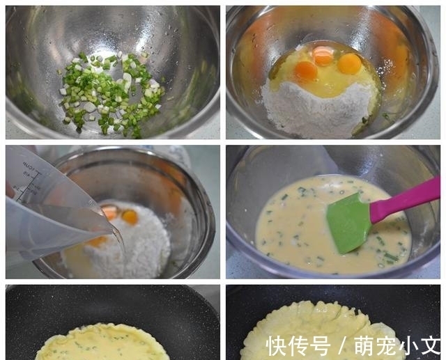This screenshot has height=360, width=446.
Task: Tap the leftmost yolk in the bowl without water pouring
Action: (x=306, y=70)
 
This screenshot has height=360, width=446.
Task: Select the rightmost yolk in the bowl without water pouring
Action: (x=349, y=64)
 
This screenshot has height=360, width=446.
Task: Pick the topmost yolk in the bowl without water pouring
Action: (x=323, y=54)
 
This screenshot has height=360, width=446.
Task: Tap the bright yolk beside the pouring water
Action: (x=130, y=217)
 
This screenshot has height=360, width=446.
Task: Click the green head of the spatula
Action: (x=348, y=222)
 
